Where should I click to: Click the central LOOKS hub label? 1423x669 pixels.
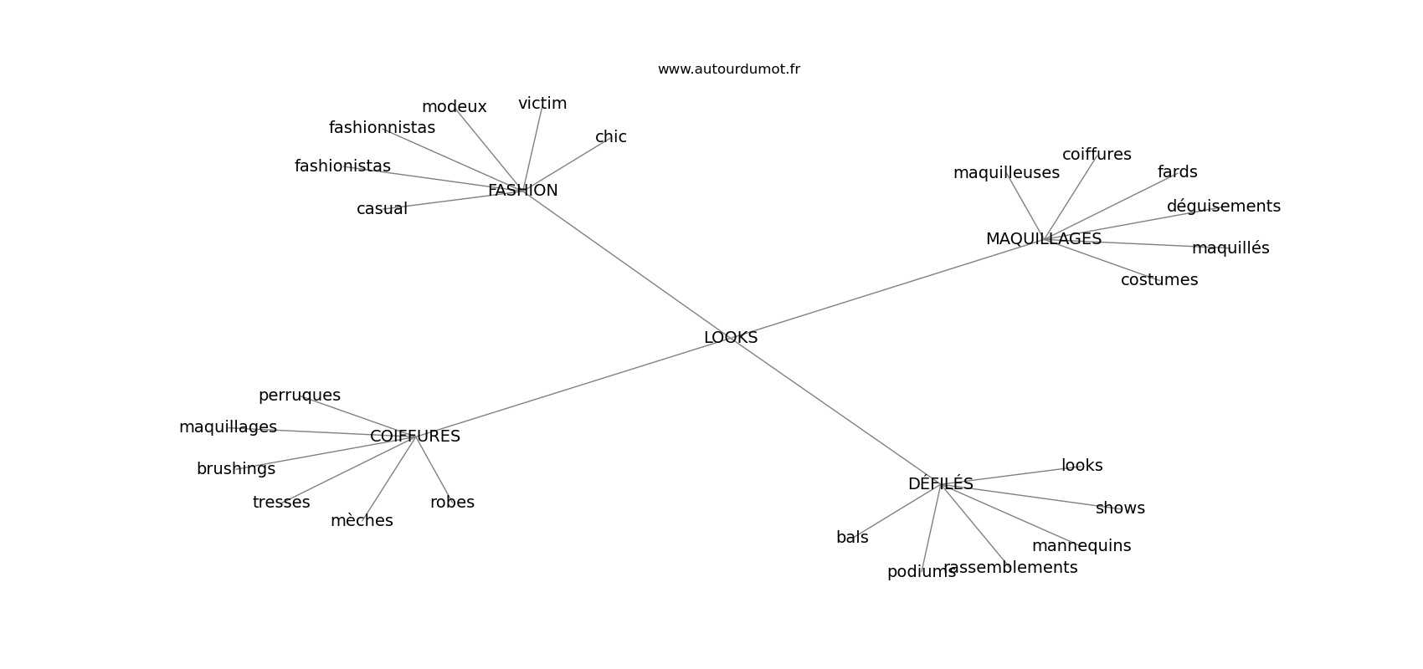(x=731, y=338)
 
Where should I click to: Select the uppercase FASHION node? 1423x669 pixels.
(x=522, y=191)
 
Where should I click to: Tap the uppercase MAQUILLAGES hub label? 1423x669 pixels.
(x=1043, y=239)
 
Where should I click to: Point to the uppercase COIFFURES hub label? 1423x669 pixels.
(x=414, y=437)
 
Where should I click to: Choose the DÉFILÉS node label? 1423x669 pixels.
(x=940, y=484)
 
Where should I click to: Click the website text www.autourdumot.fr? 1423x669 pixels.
(x=728, y=69)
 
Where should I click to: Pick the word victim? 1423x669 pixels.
(x=542, y=104)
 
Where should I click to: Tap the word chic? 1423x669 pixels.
(x=610, y=137)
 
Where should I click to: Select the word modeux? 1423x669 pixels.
(x=454, y=107)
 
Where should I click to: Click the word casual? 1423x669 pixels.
(x=382, y=209)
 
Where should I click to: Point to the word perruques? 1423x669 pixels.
(x=299, y=396)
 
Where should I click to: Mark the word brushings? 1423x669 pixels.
(x=235, y=469)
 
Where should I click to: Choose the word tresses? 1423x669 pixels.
(x=281, y=503)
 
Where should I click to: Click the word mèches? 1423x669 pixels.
(x=362, y=521)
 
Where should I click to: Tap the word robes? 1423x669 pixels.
(x=452, y=503)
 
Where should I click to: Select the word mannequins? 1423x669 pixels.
(x=1081, y=546)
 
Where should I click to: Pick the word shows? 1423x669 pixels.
(x=1120, y=508)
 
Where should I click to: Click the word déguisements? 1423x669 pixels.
(x=1223, y=207)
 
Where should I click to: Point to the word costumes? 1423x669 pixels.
(x=1159, y=280)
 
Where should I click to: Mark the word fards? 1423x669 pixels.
(x=1177, y=172)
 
